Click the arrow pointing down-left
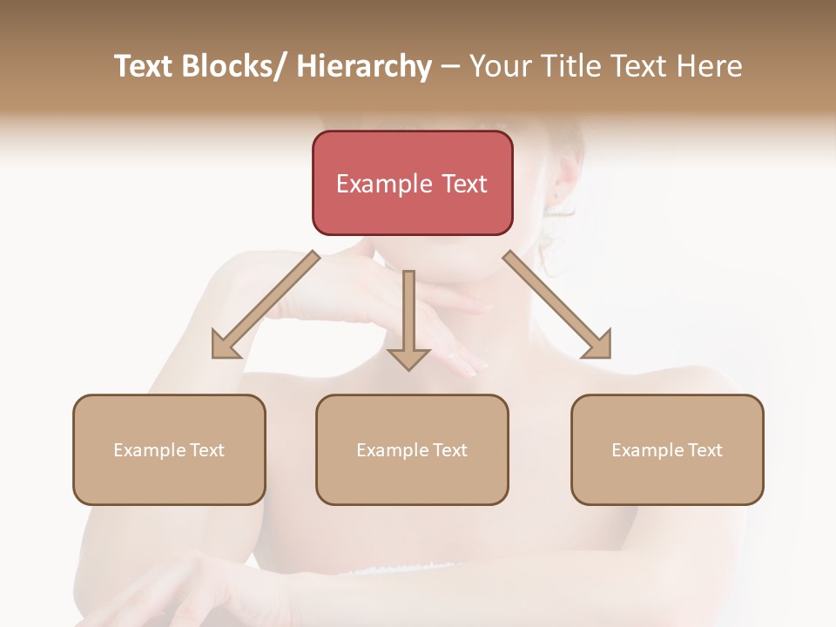pos(266,305)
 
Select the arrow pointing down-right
pos(557,305)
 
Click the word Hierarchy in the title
pos(364,66)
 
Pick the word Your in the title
pos(499,66)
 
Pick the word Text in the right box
pos(705,450)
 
